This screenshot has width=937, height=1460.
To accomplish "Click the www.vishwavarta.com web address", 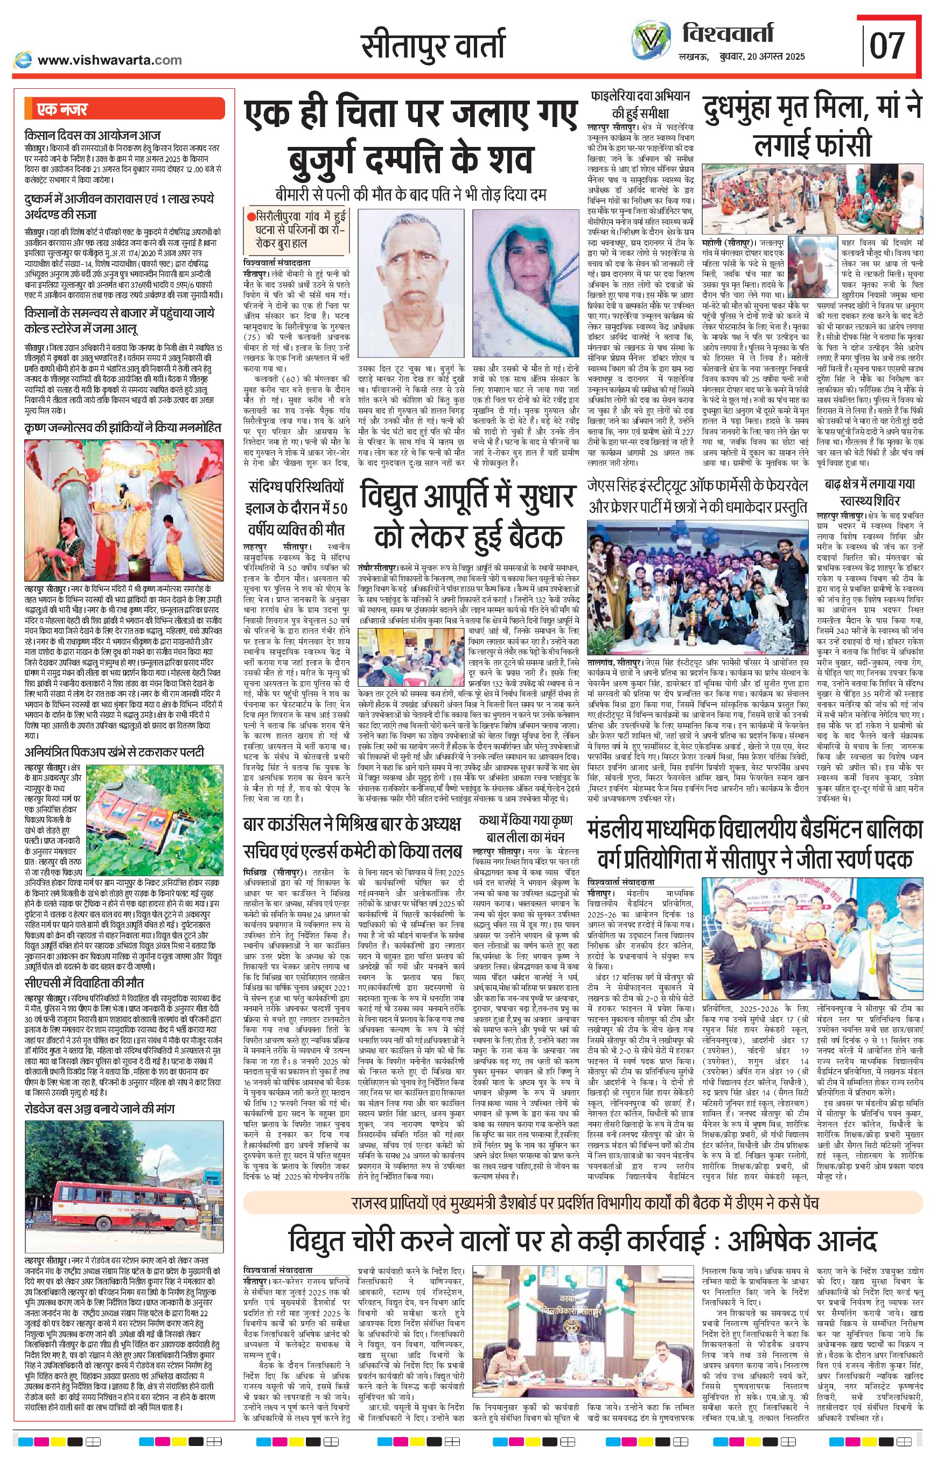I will [x=109, y=60].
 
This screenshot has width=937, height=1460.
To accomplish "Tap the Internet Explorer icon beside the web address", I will [x=24, y=60].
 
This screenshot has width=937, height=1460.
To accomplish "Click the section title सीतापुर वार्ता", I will [x=432, y=46].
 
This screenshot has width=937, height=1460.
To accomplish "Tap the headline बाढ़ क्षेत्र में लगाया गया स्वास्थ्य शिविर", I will [x=870, y=493].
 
